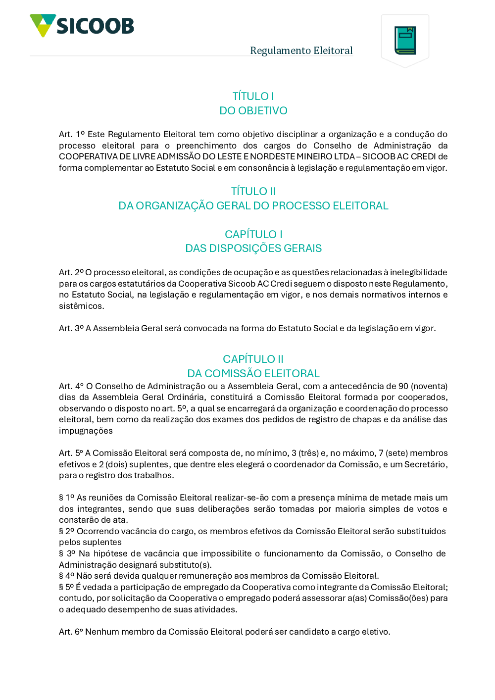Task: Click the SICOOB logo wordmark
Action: (95, 26)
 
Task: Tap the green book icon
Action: (405, 40)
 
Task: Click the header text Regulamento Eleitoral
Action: (301, 50)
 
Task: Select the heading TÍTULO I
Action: (253, 96)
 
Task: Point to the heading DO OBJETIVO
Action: (253, 110)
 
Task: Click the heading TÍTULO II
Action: (253, 191)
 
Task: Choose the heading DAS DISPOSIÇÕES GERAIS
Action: (253, 248)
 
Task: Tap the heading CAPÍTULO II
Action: (253, 359)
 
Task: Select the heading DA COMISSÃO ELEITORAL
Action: (253, 373)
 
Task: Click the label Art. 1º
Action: (72, 134)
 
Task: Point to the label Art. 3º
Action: (71, 328)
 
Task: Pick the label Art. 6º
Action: (71, 632)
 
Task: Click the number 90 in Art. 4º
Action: (403, 386)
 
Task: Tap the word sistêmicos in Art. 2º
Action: (81, 306)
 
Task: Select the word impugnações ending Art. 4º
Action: (86, 431)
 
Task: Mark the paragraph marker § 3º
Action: (66, 553)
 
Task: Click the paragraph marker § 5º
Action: (66, 587)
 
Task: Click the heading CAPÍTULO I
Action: (253, 234)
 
